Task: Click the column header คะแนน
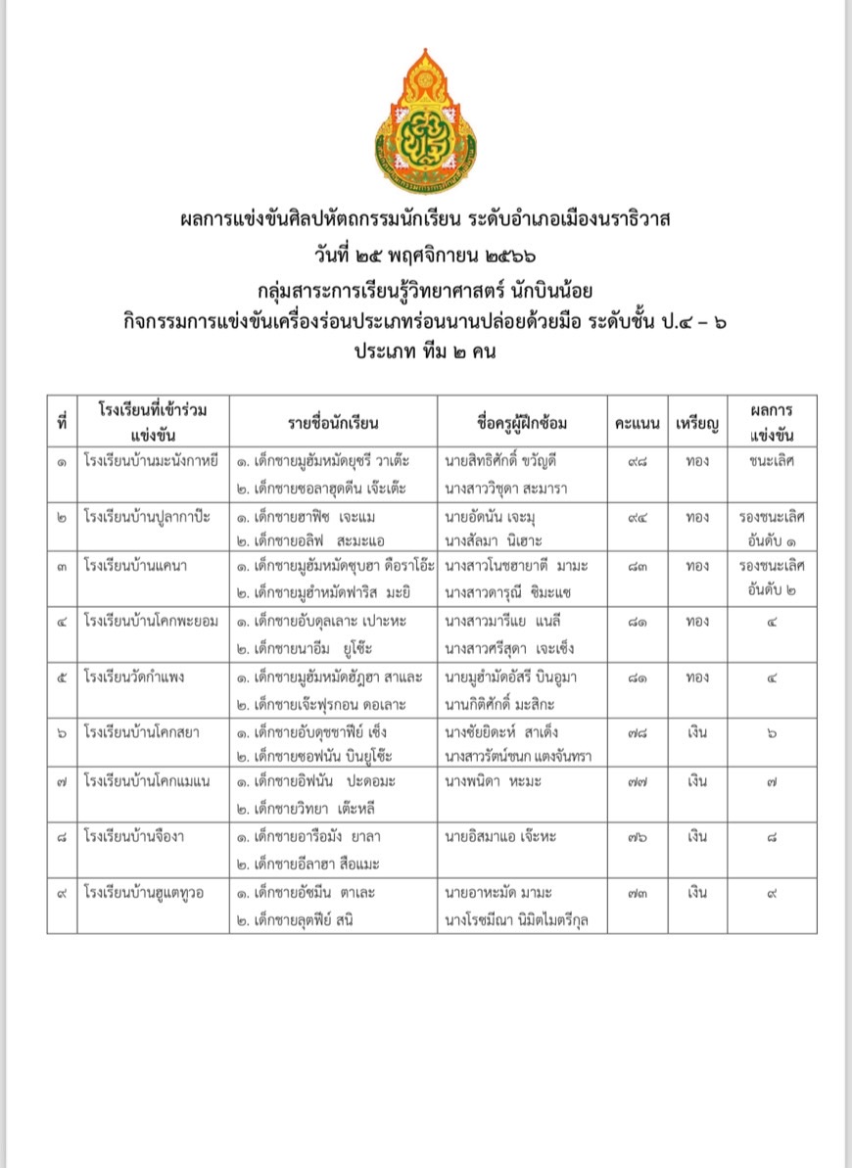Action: pos(637,423)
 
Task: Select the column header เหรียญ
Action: pos(697,423)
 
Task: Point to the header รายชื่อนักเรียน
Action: pos(333,423)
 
